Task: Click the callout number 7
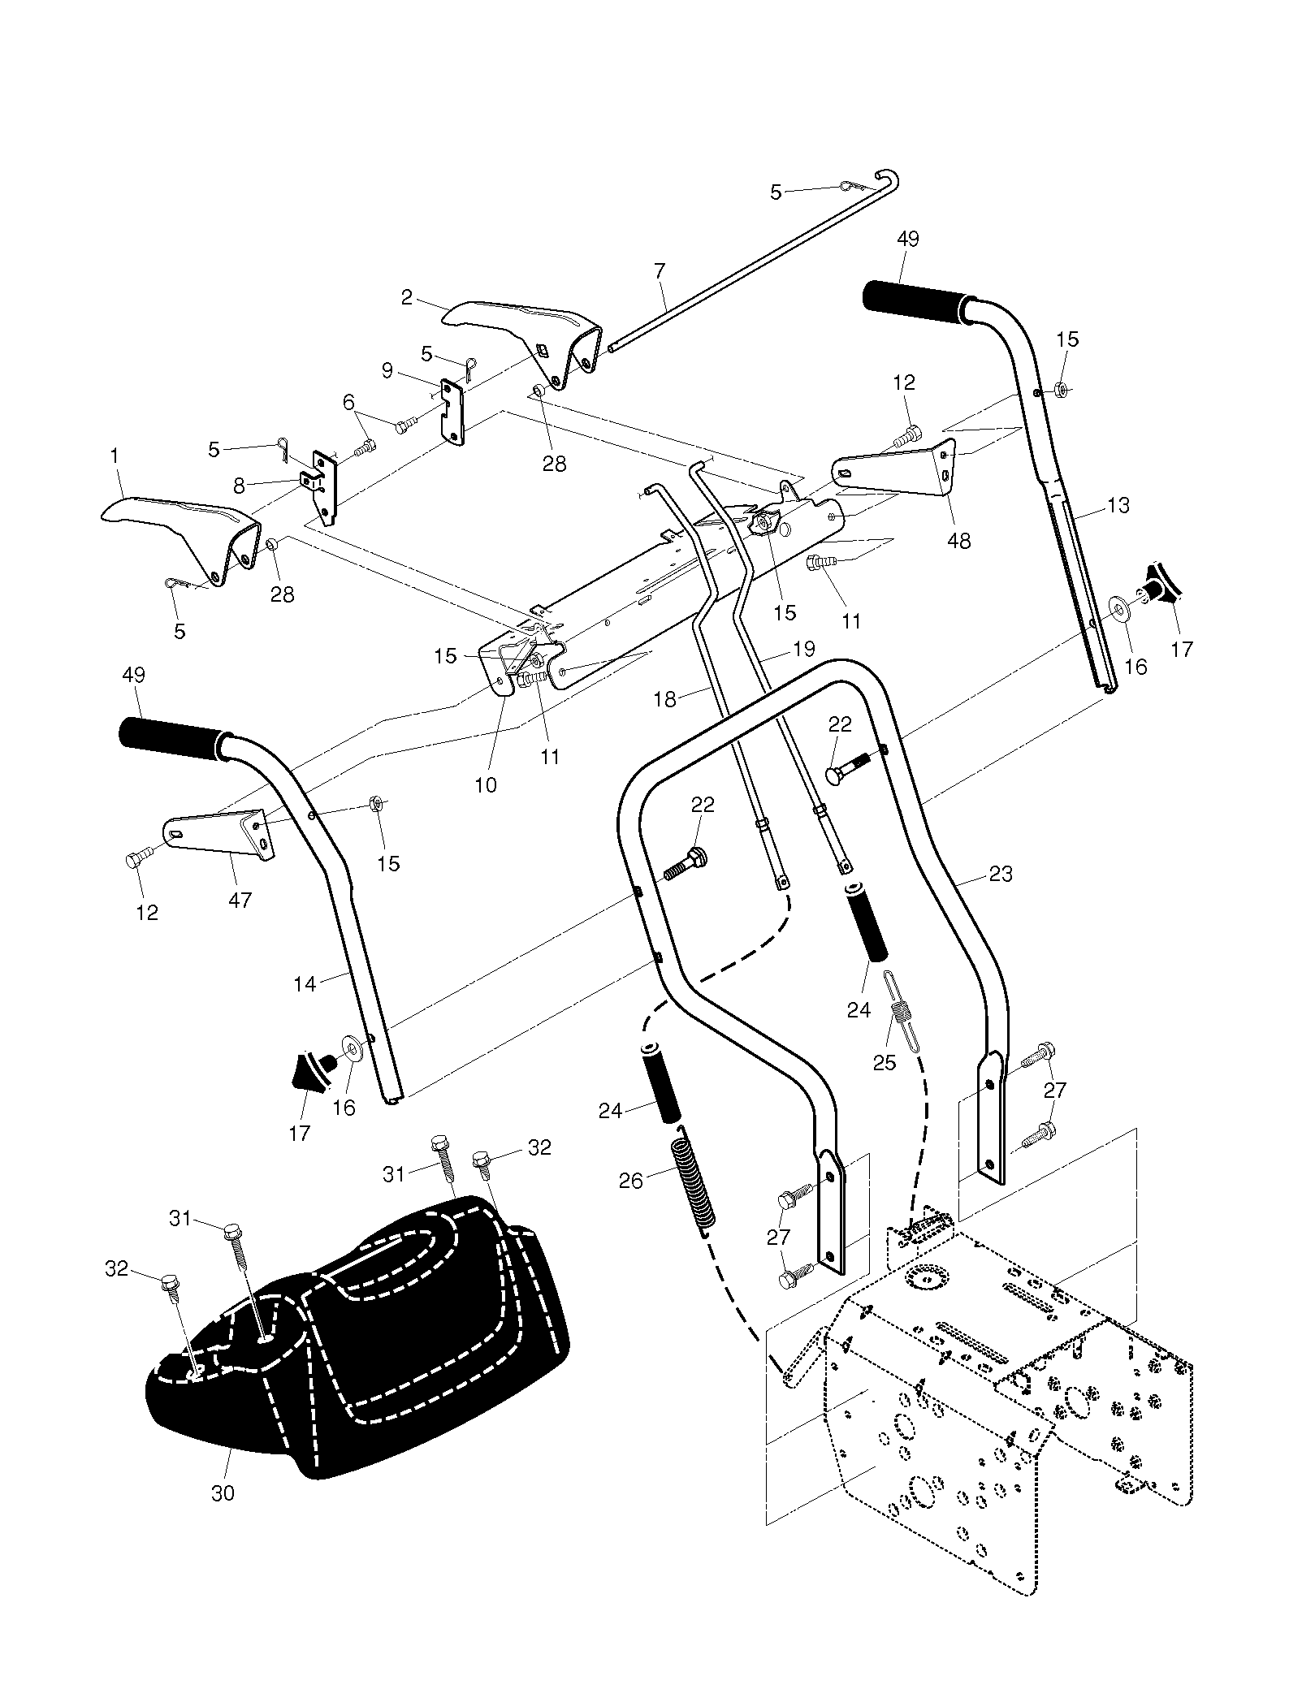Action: [660, 270]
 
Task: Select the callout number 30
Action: [223, 1492]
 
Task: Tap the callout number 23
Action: [1001, 874]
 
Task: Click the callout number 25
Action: [884, 1062]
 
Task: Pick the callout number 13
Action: [1118, 505]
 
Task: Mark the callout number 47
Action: [240, 900]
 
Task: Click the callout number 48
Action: [959, 541]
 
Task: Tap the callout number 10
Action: [486, 785]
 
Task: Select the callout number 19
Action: [803, 649]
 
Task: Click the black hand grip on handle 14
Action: [172, 739]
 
